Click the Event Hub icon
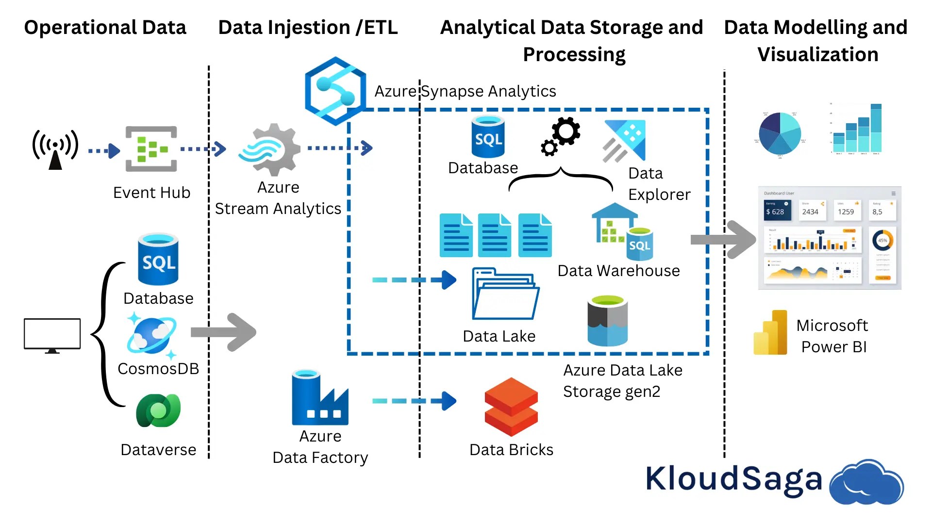[x=151, y=149]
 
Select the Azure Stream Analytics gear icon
[x=270, y=149]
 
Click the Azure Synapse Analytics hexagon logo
[x=334, y=91]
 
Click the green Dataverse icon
[x=158, y=410]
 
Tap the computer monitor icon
[x=52, y=335]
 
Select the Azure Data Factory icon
[x=319, y=399]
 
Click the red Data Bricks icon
[x=511, y=407]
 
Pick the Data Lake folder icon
[x=505, y=294]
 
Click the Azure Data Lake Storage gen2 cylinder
[x=607, y=321]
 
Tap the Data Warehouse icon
[x=622, y=232]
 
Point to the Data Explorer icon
[x=625, y=141]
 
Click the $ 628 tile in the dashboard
[x=777, y=210]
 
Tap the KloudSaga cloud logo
[x=866, y=482]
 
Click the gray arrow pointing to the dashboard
[x=723, y=239]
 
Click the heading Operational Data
[x=105, y=28]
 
